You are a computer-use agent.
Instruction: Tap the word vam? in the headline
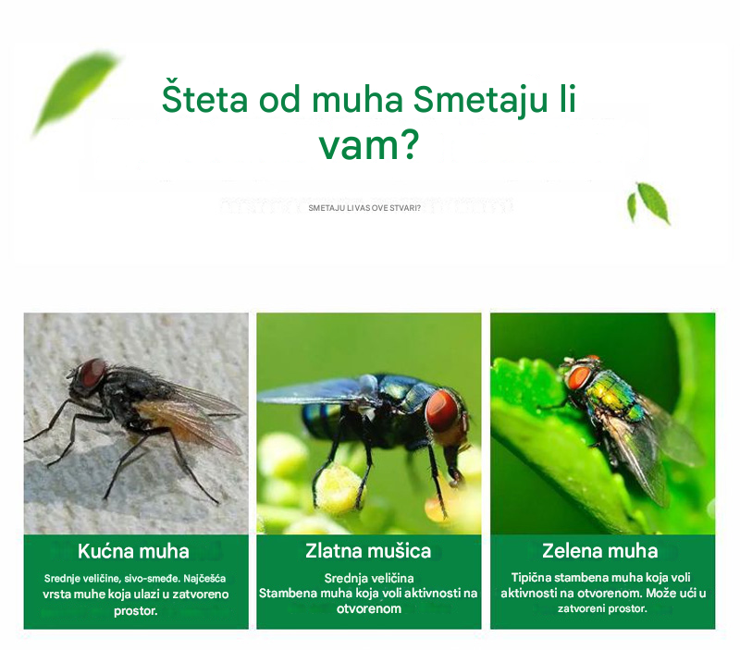[369, 145]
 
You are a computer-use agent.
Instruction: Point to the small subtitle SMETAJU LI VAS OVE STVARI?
[364, 208]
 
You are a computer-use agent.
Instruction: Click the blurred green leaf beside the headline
[76, 93]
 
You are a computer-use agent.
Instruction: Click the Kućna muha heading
[133, 551]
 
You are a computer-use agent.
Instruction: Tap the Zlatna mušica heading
[368, 551]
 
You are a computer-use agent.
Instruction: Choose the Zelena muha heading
[599, 550]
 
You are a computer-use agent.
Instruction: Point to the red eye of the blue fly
[442, 411]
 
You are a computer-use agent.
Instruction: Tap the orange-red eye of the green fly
[579, 377]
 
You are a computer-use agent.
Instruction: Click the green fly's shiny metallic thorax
[612, 389]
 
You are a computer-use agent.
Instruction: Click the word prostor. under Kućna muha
[136, 611]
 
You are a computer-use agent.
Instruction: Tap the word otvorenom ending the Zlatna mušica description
[369, 608]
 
